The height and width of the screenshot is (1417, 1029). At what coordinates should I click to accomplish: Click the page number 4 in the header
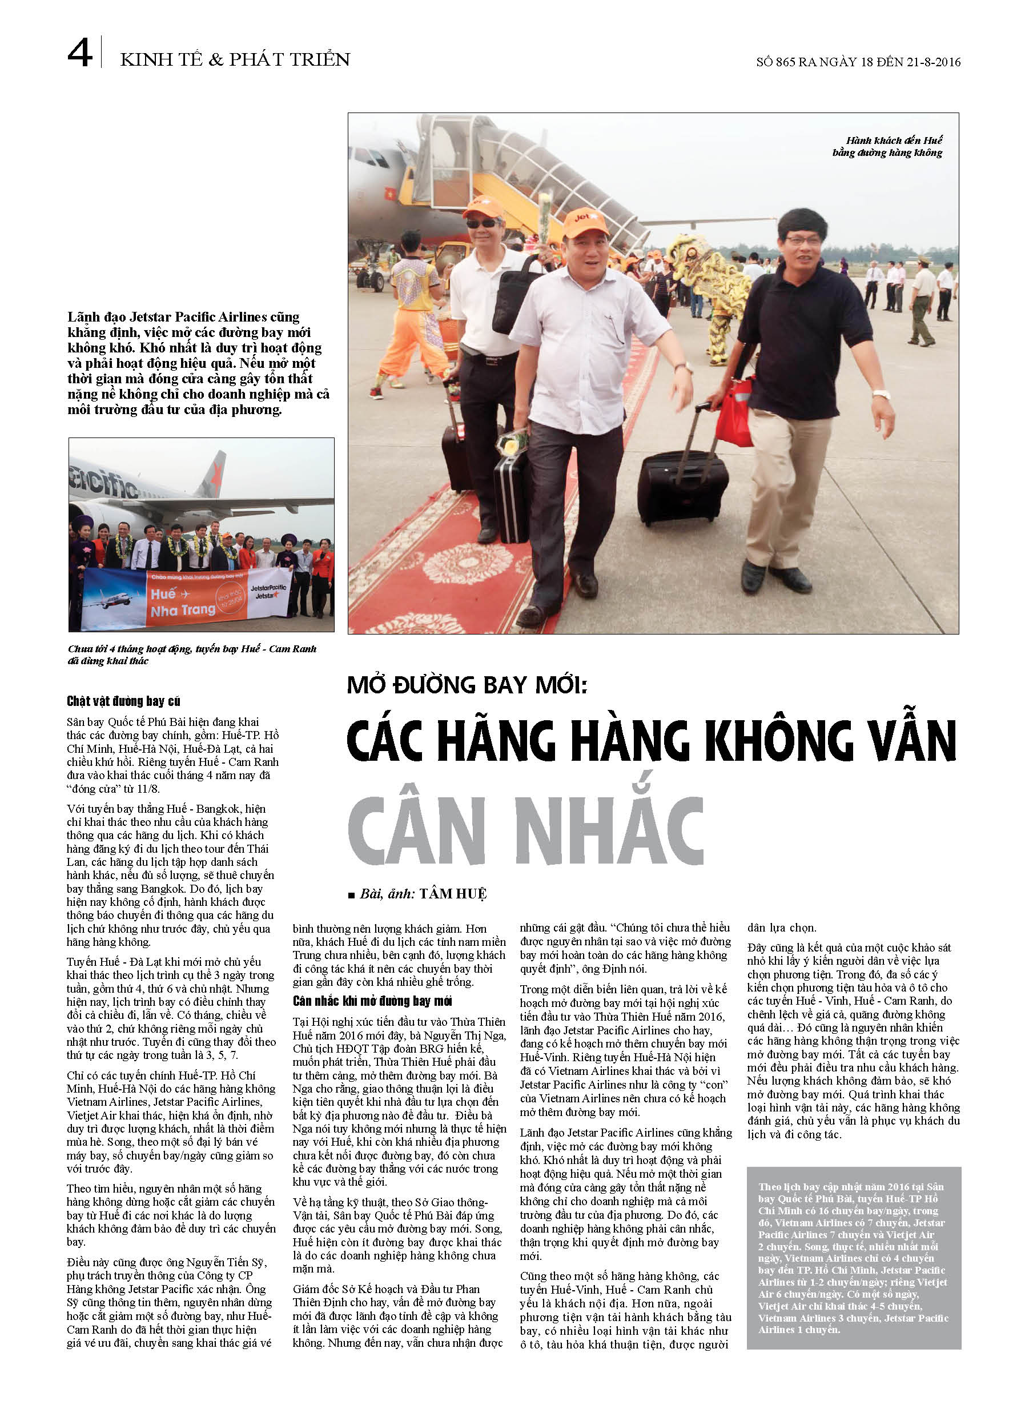point(80,53)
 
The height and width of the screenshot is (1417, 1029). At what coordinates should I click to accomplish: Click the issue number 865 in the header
point(786,62)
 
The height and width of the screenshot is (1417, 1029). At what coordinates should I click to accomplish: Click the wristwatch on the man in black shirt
point(881,394)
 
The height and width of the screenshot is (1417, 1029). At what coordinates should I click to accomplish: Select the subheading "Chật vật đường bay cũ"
point(124,701)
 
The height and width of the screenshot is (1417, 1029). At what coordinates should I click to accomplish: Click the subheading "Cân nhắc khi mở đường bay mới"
point(372,1001)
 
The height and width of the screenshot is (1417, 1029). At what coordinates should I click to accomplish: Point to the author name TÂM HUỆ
point(453,894)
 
